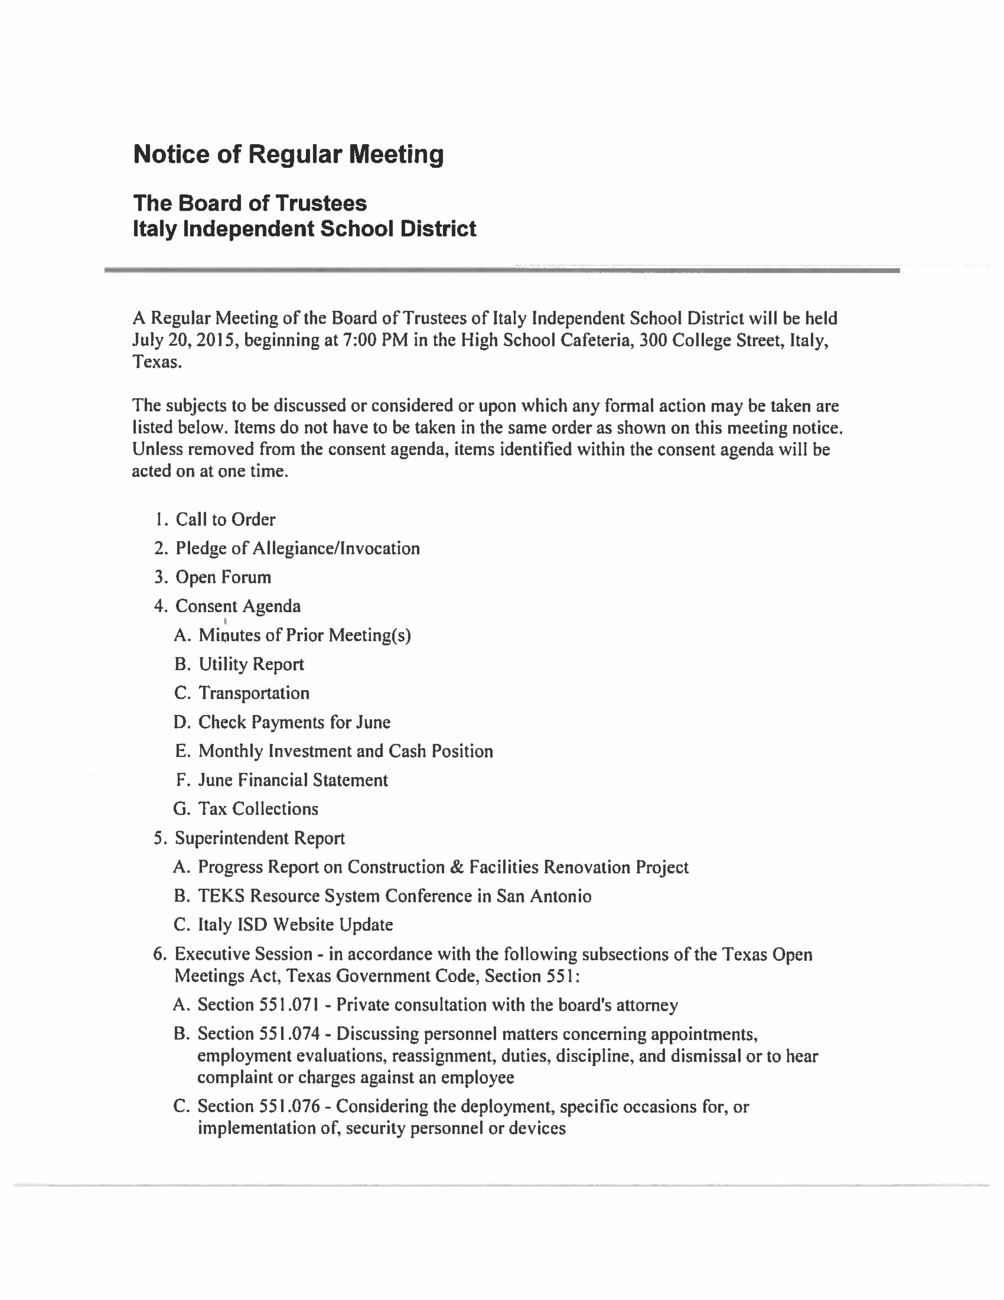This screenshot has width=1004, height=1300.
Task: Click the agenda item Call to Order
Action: [226, 520]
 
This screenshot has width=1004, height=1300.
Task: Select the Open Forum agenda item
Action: [223, 578]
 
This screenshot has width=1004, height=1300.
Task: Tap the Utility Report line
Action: [251, 664]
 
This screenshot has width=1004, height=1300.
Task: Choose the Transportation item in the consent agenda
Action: [254, 693]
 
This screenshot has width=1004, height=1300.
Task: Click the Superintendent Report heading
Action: [260, 838]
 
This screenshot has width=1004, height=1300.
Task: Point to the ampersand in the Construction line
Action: [457, 867]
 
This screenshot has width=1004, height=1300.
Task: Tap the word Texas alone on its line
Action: [156, 362]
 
